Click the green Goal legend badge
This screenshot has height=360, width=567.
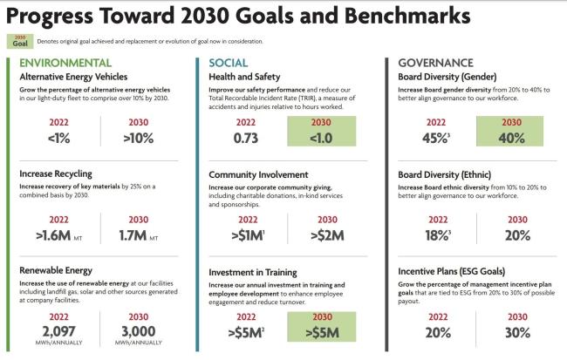(x=22, y=40)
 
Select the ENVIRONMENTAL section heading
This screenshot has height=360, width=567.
(x=65, y=63)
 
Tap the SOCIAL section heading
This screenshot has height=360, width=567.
(x=229, y=63)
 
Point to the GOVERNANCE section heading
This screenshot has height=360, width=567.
(x=435, y=63)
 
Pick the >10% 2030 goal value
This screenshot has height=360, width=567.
(x=138, y=138)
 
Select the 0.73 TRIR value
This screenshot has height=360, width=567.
(x=248, y=138)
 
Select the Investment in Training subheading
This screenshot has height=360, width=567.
(x=260, y=273)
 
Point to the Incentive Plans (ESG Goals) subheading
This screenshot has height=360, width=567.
(x=460, y=270)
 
